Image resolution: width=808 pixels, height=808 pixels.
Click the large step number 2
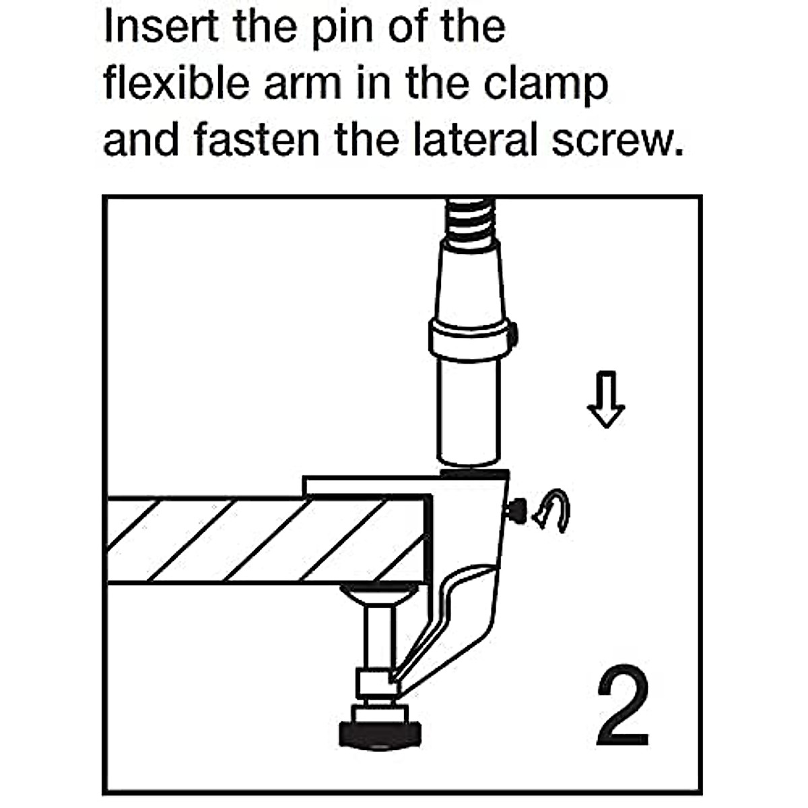[623, 707]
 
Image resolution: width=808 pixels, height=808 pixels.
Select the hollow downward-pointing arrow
[606, 401]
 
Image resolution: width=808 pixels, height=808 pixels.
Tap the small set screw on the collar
[512, 331]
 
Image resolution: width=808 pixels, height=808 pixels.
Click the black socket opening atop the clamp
[474, 474]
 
